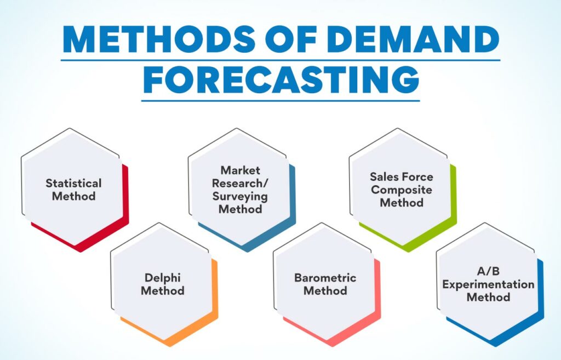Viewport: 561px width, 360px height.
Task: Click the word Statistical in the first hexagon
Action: (73, 183)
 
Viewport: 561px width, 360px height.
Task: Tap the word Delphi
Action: (162, 277)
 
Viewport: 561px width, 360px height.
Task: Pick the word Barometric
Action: (325, 277)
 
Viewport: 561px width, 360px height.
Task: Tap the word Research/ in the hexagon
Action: (241, 183)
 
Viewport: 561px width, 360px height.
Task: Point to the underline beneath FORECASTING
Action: (280, 100)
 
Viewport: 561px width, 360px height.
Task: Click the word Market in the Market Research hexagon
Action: (241, 170)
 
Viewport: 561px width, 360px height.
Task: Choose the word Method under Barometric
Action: (325, 290)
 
